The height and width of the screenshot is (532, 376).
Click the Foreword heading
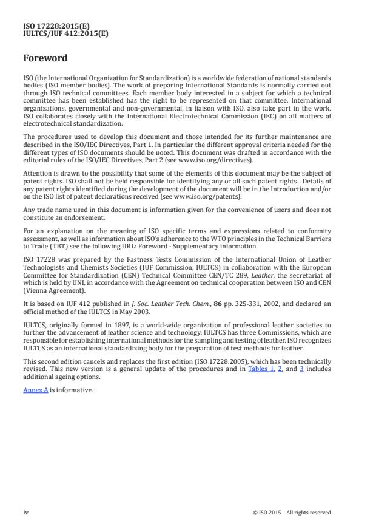(45, 59)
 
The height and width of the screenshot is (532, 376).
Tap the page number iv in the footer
(26, 512)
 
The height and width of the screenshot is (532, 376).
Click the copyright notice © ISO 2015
(292, 513)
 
